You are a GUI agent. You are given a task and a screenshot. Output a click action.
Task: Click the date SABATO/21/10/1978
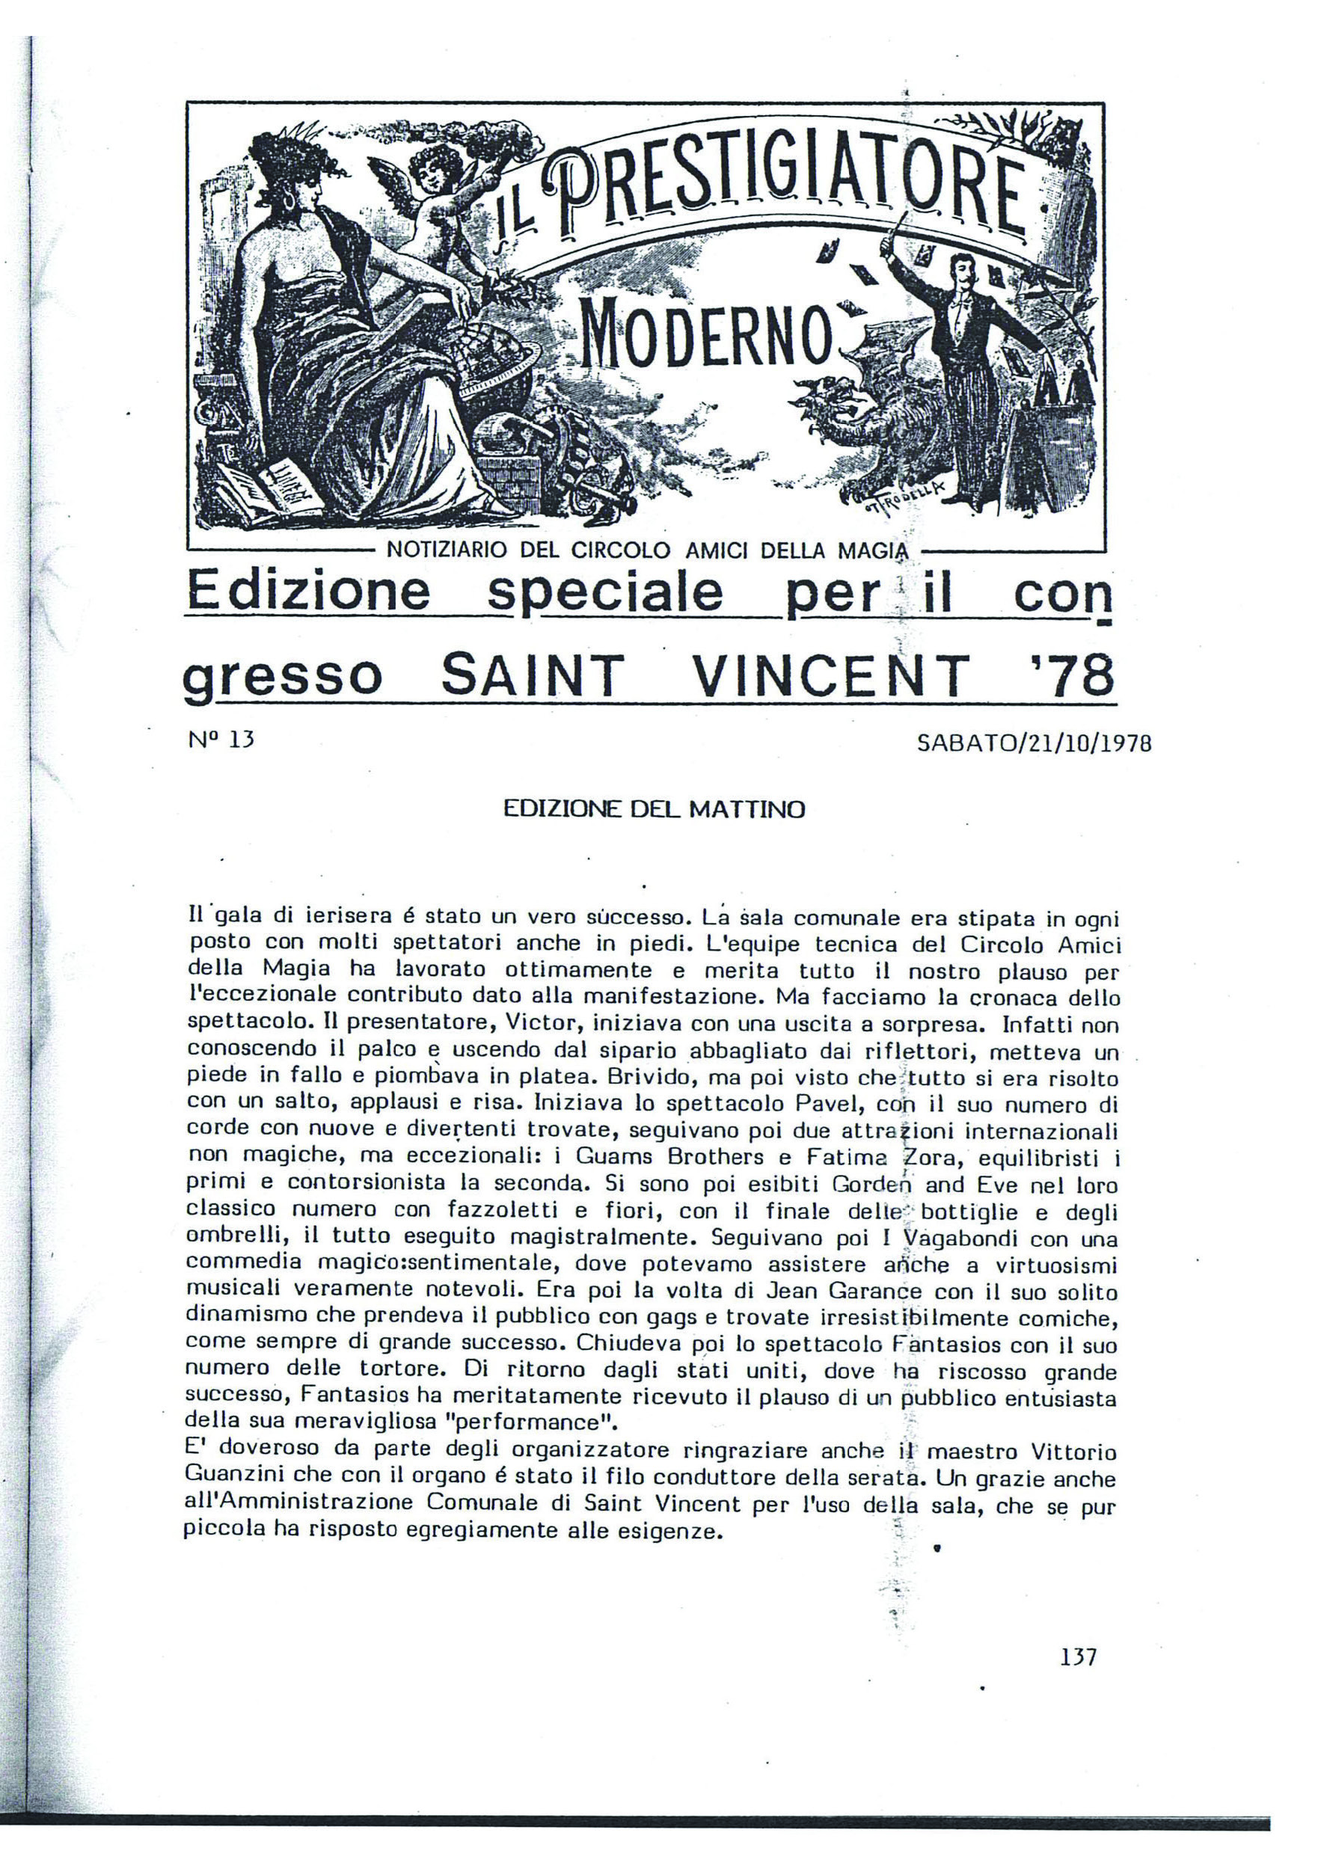pyautogui.click(x=1033, y=743)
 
